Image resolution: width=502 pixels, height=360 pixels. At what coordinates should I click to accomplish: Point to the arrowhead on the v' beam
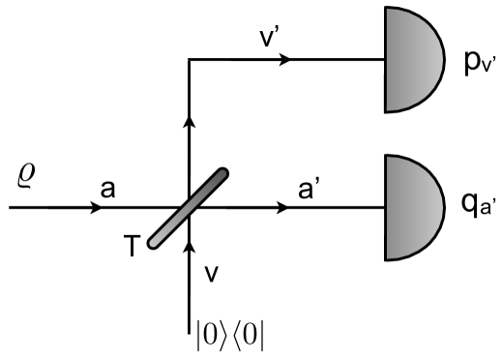click(283, 59)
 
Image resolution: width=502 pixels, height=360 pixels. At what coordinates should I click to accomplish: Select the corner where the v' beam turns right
click(189, 59)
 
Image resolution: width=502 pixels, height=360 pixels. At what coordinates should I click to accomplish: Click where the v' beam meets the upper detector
click(385, 59)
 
